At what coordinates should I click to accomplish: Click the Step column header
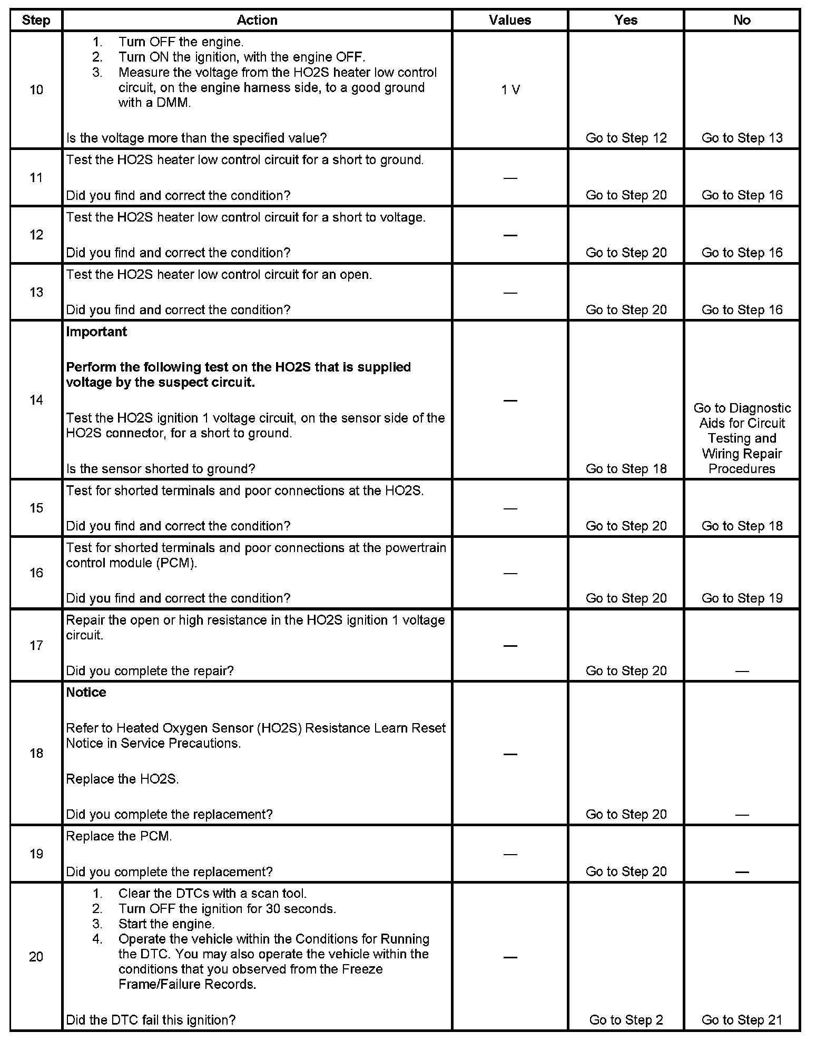[36, 21]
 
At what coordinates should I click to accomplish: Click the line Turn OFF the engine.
[181, 42]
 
